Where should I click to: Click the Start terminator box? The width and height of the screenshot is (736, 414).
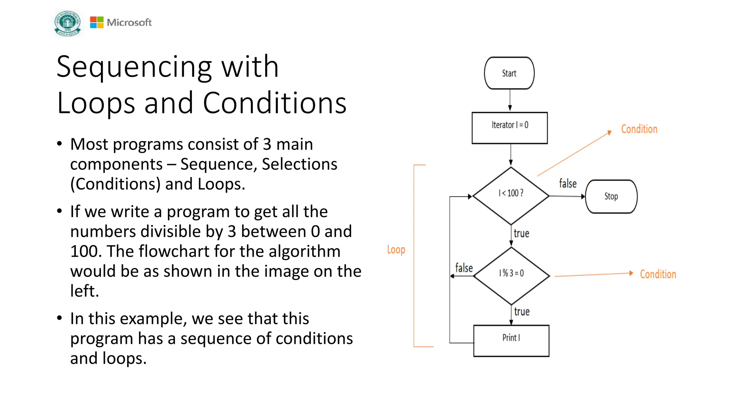509,73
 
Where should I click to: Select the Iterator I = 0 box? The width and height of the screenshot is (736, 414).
510,128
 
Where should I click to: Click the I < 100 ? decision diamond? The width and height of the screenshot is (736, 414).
511,196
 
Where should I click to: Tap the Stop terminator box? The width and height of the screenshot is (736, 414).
611,197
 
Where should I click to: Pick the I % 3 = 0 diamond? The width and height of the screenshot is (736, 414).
511,276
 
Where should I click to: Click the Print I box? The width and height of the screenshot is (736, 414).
511,341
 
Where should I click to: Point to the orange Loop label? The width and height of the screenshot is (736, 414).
396,249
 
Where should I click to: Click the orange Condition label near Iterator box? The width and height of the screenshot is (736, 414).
639,129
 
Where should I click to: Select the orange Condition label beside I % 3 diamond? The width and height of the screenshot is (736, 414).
658,274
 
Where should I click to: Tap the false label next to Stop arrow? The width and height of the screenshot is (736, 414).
567,184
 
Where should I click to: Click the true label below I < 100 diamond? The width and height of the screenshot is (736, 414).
521,234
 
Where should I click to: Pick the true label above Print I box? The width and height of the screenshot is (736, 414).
522,312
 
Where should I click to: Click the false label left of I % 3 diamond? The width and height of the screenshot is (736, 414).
464,268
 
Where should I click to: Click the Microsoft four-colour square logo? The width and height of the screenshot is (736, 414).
97,22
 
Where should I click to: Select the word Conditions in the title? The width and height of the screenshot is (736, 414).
275,103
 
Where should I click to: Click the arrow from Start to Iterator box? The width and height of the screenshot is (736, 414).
510,100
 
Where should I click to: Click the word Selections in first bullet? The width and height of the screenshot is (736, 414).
299,164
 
